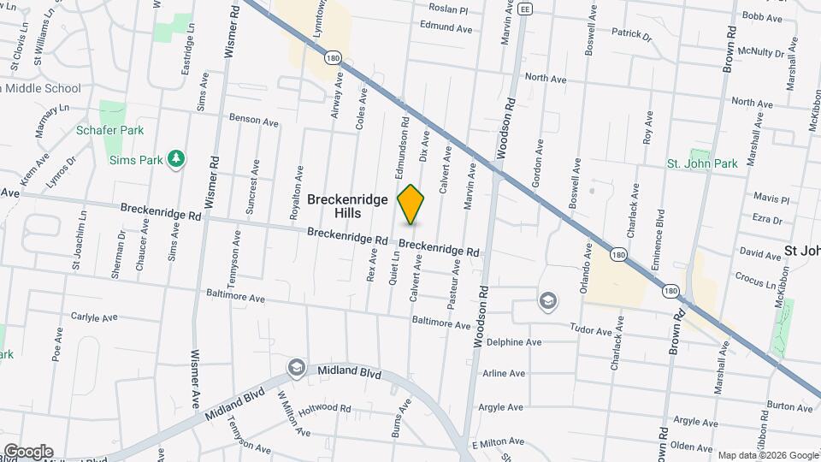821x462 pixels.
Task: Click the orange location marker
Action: coord(411,204)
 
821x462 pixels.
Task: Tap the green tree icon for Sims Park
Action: coord(177,159)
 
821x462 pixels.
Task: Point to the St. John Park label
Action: coord(702,163)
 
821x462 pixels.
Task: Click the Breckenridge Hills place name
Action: coord(347,205)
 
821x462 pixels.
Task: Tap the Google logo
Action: coord(28,451)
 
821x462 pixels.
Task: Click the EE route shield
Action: coord(525,9)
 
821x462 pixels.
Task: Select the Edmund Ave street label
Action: coord(446,28)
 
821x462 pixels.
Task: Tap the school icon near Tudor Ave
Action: coord(547,301)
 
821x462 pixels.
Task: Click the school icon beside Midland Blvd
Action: coord(296,368)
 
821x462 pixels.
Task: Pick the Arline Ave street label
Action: coord(504,374)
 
